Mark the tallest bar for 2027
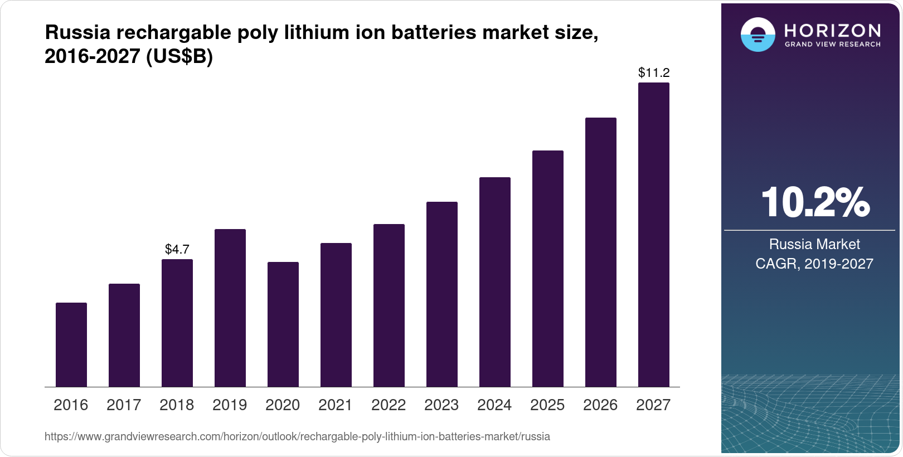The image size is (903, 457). (x=654, y=235)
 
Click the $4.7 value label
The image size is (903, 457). (x=177, y=249)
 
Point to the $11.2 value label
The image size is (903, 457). (x=654, y=72)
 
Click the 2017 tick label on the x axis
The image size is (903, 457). (x=124, y=405)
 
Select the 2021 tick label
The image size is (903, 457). (x=336, y=405)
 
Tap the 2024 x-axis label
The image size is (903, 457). (x=494, y=405)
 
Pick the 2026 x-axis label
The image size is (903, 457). (x=600, y=405)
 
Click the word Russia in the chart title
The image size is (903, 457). (x=77, y=33)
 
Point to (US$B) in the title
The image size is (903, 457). (x=179, y=57)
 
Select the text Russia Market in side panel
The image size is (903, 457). (x=814, y=244)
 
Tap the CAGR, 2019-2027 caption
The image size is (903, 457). (x=814, y=264)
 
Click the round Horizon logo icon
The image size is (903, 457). (x=758, y=35)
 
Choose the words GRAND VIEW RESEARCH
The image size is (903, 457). (x=833, y=44)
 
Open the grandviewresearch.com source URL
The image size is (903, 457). (x=297, y=436)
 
